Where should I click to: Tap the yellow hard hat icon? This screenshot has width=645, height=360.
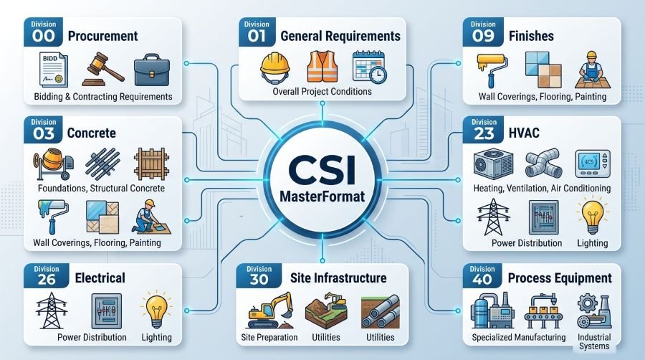pyautogui.click(x=275, y=68)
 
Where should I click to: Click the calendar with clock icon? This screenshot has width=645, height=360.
pyautogui.click(x=369, y=67)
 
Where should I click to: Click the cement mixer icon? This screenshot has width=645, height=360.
pyautogui.click(x=54, y=164)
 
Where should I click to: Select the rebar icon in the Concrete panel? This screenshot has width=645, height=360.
pyautogui.click(x=102, y=164)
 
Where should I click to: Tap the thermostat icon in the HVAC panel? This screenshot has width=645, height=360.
pyautogui.click(x=593, y=164)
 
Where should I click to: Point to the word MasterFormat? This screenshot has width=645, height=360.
pyautogui.click(x=322, y=196)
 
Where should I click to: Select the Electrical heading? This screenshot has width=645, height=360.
pyautogui.click(x=100, y=278)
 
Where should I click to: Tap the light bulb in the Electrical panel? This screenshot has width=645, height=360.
pyautogui.click(x=155, y=309)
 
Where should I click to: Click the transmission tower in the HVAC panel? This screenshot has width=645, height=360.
pyautogui.click(x=493, y=217)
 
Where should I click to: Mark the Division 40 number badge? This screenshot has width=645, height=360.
pyautogui.click(x=482, y=275)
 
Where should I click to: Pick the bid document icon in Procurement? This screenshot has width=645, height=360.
pyautogui.click(x=54, y=69)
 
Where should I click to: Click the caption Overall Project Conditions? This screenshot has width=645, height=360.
pyautogui.click(x=322, y=91)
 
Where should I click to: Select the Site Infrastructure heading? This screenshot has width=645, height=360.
pyautogui.click(x=338, y=278)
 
